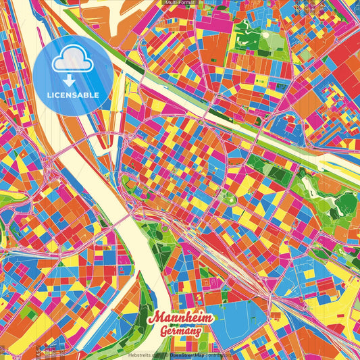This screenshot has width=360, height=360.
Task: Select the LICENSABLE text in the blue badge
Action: click(73, 95)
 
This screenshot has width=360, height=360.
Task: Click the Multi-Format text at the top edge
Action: click(180, 3)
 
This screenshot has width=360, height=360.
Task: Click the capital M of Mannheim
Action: click(153, 317)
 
